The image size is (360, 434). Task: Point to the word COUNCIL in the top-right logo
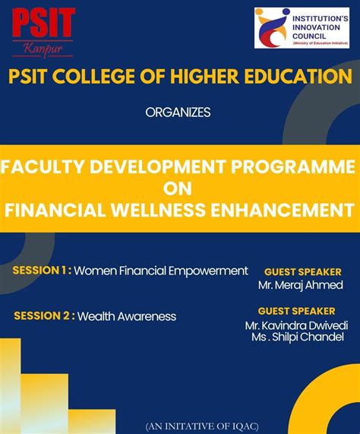click(314, 36)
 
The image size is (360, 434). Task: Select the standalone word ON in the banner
click(179, 188)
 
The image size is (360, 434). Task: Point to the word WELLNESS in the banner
click(172, 209)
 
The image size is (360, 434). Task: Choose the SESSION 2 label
click(44, 316)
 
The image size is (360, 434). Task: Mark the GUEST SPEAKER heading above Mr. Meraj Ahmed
click(302, 271)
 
